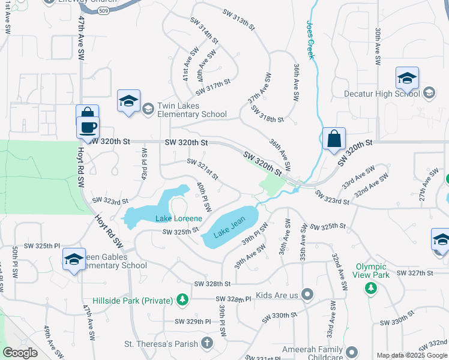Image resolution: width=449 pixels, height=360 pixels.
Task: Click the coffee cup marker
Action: [88, 128]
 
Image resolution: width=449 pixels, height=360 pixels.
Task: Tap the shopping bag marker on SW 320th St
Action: [333, 139]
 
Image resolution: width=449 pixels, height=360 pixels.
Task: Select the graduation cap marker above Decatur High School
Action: [406, 78]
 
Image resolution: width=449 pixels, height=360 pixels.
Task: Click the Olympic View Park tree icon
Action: [371, 288]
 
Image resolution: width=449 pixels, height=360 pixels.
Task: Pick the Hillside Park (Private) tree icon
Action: [182, 299]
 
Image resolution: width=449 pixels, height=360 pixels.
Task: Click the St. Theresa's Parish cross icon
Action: [206, 343]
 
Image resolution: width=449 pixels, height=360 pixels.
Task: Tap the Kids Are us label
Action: [277, 294]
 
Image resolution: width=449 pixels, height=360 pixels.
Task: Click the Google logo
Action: [20, 353]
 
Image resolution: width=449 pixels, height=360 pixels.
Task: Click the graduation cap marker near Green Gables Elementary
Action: [74, 259]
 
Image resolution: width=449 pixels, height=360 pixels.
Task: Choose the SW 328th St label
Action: [212, 284]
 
